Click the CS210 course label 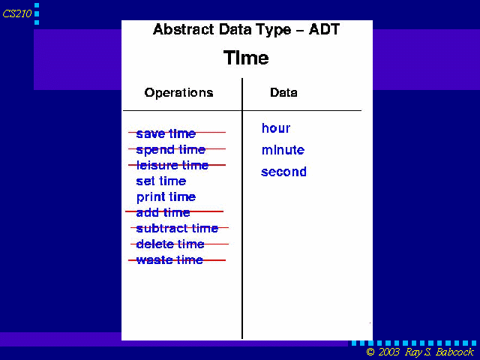point(17,13)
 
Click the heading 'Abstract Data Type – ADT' point(247,30)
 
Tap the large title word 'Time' point(246,58)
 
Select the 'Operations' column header point(178,92)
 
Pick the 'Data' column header point(283,92)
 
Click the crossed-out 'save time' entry point(166,133)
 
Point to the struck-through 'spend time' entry point(171,150)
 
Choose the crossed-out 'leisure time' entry point(172,165)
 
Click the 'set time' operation point(161,181)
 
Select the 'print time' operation point(166,197)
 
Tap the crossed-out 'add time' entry point(163,212)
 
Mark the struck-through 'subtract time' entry point(177,228)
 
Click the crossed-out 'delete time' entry point(170,244)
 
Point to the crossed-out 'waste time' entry point(169,260)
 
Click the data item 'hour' point(276,128)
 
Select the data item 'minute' point(283,150)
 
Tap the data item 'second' point(283,172)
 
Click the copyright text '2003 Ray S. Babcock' point(426,352)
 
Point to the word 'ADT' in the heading point(324,30)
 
